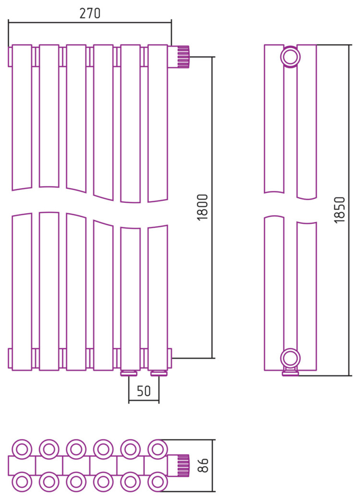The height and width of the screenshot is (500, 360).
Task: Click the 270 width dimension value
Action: tap(90, 13)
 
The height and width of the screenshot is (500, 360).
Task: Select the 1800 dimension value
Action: tap(202, 207)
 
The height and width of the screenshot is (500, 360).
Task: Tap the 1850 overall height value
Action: tap(340, 210)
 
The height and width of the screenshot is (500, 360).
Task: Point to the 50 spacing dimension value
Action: tap(144, 391)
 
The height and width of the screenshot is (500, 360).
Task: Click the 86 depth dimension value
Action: tap(203, 465)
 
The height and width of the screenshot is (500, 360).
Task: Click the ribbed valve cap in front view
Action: tap(183, 57)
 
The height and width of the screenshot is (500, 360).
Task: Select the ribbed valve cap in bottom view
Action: tap(183, 465)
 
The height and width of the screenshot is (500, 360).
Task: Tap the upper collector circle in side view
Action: tap(290, 57)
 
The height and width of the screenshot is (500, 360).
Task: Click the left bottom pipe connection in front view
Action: tap(129, 373)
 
